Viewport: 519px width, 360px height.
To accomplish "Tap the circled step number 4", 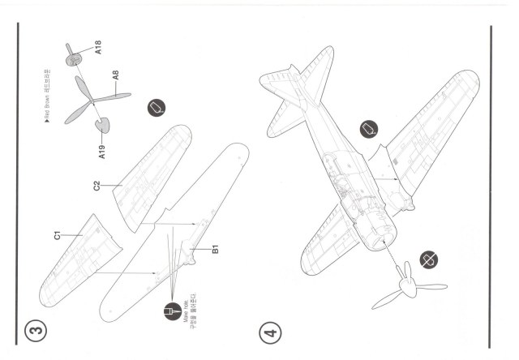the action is (269, 333).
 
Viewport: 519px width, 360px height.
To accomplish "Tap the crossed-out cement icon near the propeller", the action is (422, 262).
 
